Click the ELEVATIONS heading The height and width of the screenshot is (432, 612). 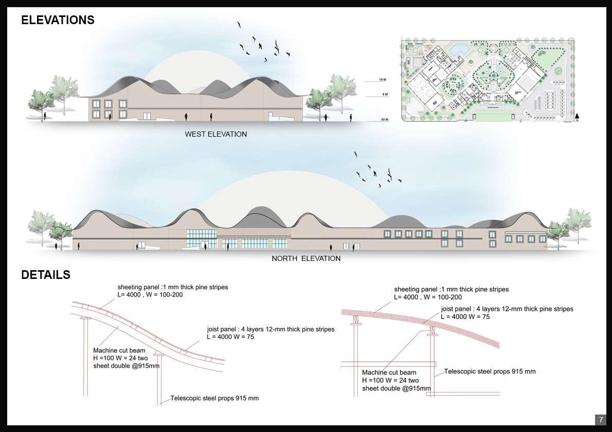coord(58,20)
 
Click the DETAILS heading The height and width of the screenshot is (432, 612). coord(46,275)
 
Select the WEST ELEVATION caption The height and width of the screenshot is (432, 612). coord(216,134)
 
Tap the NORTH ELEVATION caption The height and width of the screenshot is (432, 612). coord(306,258)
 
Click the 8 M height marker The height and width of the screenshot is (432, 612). coord(383,95)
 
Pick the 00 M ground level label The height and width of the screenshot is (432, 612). coord(383,120)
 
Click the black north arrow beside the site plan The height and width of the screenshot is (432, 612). coord(578,117)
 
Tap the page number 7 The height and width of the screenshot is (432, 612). coord(600,420)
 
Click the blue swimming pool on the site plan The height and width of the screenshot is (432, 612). coord(458,50)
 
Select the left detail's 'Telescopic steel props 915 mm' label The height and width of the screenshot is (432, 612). coord(214,398)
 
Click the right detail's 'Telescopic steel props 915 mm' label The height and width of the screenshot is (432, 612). coord(490,371)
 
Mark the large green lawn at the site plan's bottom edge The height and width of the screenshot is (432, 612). coord(489,112)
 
